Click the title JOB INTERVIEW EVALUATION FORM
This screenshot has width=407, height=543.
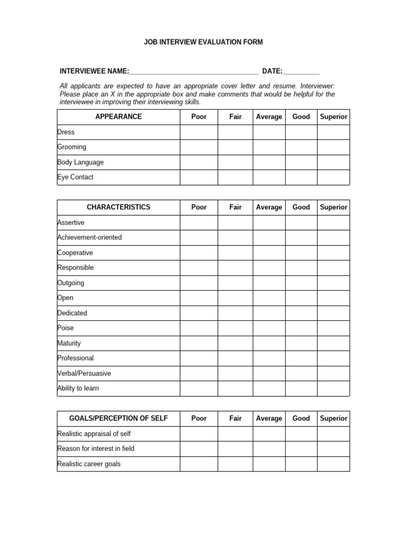tap(203, 42)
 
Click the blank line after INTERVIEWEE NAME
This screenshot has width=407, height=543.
tap(193, 72)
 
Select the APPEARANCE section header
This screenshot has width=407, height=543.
tap(118, 117)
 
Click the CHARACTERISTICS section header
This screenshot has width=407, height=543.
tap(118, 207)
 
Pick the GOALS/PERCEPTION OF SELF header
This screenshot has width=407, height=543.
tap(118, 418)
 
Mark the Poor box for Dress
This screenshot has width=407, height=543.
tap(199, 132)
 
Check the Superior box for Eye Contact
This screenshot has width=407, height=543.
tap(333, 177)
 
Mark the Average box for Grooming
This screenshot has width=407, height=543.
tap(269, 147)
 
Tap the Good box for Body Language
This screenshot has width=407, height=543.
tap(301, 162)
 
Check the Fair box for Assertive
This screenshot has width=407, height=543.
tap(235, 223)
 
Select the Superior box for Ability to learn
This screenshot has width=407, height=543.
tap(333, 388)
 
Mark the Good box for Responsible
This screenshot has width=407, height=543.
tap(301, 268)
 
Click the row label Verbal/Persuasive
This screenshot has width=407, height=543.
tap(84, 373)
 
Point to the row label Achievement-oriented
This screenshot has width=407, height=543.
tap(90, 238)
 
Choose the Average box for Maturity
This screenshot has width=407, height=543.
tap(269, 343)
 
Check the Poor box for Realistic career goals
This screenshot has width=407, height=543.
tap(199, 464)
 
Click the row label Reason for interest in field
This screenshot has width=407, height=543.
tap(96, 449)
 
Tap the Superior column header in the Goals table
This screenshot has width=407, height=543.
tap(333, 418)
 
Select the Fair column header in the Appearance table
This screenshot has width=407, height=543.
tap(235, 117)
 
